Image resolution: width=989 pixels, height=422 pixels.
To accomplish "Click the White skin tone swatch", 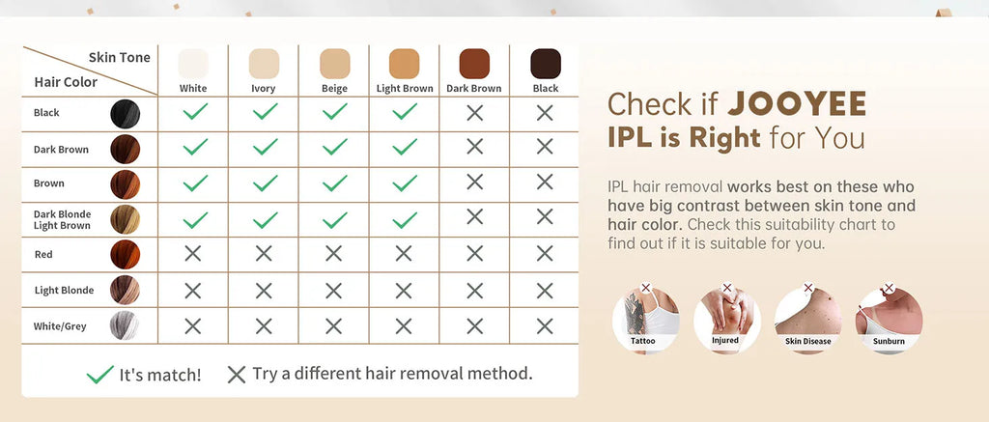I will coord(193,64).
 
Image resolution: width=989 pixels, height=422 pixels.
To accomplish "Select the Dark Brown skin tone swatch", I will coord(474,64).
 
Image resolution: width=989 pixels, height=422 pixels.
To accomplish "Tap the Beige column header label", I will coord(334,89).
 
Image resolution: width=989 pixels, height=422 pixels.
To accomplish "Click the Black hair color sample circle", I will coord(125,115).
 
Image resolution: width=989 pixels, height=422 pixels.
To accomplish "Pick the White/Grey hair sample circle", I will coord(125,324).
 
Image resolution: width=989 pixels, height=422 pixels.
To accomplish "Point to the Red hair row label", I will coord(43,255).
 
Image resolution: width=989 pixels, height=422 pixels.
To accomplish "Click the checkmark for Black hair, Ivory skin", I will coord(264,112).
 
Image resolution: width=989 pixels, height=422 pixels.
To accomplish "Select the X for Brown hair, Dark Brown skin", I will coord(474,183).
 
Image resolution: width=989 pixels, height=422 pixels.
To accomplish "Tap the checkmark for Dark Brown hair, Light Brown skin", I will coord(405,147).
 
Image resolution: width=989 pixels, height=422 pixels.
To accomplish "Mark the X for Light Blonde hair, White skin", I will coord(193,290).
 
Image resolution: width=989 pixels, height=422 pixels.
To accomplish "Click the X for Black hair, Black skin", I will coord(545,112).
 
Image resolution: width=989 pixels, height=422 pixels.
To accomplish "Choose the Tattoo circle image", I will coord(644,318).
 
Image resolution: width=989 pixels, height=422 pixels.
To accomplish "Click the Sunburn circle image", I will coord(888,318).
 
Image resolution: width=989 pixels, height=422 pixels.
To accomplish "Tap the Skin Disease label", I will coord(807,341).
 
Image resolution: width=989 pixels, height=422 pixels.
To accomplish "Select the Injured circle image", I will coord(725,318).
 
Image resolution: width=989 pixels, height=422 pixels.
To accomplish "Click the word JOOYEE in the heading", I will coord(797,104).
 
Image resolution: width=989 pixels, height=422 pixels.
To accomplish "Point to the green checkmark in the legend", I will coord(99,375).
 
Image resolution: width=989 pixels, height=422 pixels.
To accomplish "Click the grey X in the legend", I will coord(236,375).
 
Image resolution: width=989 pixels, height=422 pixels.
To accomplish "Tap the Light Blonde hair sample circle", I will coord(125,290).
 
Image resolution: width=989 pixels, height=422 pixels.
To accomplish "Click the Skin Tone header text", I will coord(119,58).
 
